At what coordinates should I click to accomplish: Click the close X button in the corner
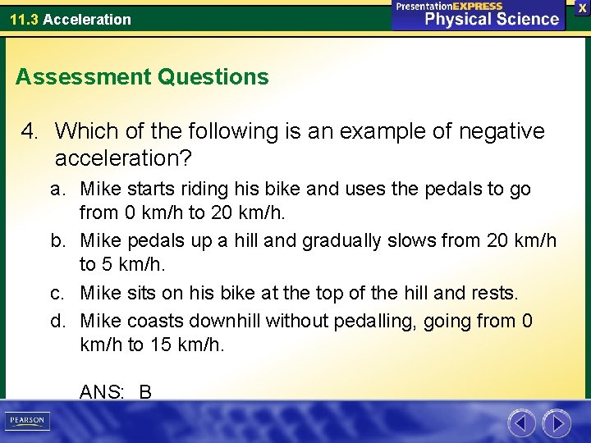tap(583, 7)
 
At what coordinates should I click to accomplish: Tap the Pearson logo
tap(27, 420)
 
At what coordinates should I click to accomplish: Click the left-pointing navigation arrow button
tap(521, 423)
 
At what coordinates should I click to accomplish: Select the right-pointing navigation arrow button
tap(557, 423)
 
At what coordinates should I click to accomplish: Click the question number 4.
tap(30, 131)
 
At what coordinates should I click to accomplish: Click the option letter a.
tap(57, 190)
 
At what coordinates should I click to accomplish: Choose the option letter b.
tap(57, 241)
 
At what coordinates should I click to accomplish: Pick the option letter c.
tap(57, 293)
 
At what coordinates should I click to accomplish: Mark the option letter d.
tap(57, 321)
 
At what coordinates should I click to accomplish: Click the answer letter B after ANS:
tap(145, 392)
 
